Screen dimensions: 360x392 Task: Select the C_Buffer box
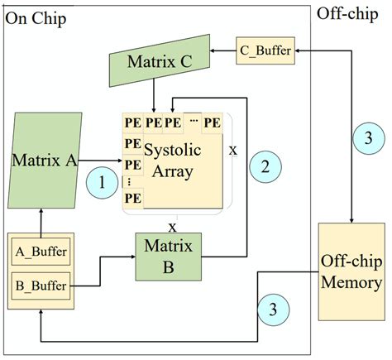[265, 50]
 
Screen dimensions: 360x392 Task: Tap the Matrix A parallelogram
[45, 159]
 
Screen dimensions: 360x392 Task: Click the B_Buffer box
[42, 287]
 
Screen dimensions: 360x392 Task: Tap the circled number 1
[103, 182]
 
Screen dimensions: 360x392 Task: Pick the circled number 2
[265, 166]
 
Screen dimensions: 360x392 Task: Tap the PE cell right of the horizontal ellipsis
[213, 123]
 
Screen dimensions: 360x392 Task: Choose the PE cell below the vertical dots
[132, 199]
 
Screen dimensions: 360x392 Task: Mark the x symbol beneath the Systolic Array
[172, 227]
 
